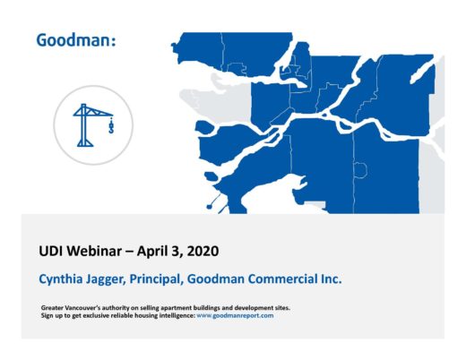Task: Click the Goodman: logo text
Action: pos(76,40)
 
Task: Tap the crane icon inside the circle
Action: pos(93,125)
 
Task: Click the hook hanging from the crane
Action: pos(111,125)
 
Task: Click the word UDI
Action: pos(50,251)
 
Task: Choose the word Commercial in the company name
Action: pos(283,279)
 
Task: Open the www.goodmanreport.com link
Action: pos(235,316)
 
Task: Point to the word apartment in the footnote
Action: pos(177,308)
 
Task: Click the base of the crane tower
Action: pos(85,143)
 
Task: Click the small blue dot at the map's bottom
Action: pos(209,207)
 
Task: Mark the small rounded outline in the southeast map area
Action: pos(360,170)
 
